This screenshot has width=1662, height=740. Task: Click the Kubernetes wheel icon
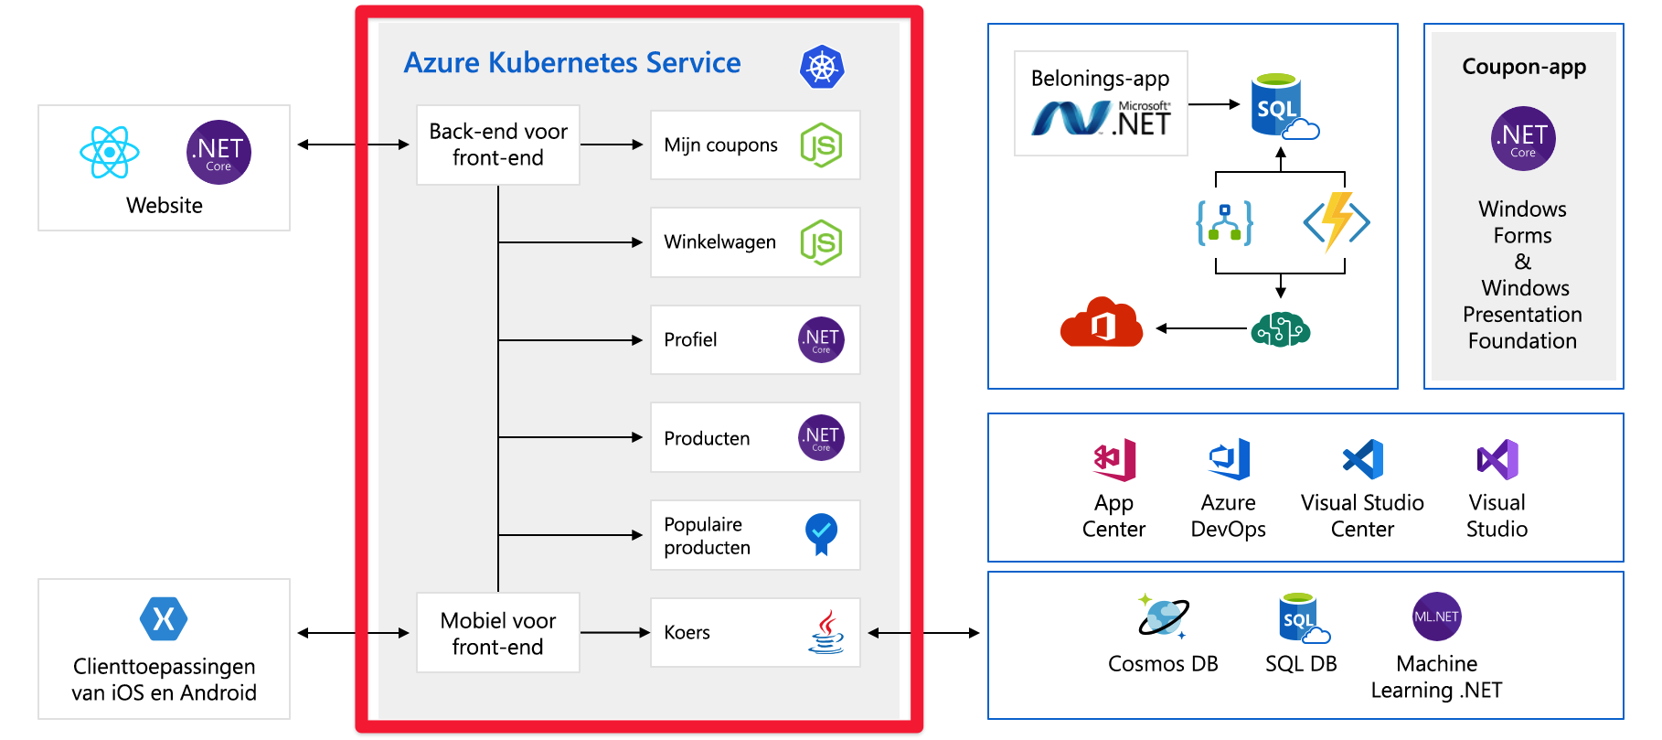822,67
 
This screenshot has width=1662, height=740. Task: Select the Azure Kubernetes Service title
572,62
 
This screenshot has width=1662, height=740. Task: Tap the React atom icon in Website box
110,152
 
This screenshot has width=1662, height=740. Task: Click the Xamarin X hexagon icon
164,619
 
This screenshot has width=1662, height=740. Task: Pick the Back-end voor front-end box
498,145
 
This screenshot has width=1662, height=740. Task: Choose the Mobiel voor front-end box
498,633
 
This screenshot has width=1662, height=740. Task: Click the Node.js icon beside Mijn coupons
821,145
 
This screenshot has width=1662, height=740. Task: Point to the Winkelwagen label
719,241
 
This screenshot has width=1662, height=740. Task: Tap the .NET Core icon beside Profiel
821,340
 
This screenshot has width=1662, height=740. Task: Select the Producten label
707,438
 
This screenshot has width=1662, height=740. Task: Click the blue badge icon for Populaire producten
821,534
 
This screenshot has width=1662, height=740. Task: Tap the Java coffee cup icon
826,632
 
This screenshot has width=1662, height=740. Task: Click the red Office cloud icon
1102,322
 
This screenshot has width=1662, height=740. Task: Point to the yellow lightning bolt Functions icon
1337,221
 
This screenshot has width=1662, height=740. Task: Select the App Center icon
1114,459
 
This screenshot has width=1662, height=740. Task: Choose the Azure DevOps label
1229,516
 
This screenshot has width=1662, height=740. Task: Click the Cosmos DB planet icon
1163,617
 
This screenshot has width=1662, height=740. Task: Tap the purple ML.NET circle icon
1436,617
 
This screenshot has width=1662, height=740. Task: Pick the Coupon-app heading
1524,67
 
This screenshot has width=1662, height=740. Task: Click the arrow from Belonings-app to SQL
1214,104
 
